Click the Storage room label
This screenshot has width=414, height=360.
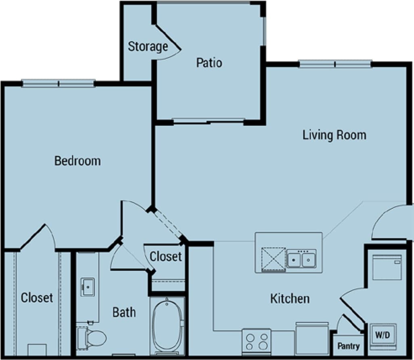pos(148,47)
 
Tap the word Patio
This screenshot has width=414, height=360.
pos(209,63)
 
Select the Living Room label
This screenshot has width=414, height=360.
pos(334,135)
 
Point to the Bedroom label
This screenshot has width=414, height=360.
pos(77,161)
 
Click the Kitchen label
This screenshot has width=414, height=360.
pos(290,299)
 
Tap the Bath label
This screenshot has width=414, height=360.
pos(124,312)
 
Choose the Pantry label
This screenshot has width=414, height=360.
pos(348,346)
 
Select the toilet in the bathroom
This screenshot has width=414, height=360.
pos(92,337)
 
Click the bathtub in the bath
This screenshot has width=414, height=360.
pos(167,325)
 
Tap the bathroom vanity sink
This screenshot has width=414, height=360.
pos(87,287)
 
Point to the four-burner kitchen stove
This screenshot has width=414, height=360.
pos(257,341)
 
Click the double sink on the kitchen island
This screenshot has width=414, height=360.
pos(301,259)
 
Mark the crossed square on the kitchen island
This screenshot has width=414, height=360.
pos(273,259)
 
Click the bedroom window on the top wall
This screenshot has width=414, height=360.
pos(59,84)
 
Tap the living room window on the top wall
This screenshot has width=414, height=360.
pos(335,64)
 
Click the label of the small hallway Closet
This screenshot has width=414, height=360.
pos(165,256)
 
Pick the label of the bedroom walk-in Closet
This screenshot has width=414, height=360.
pos(37,298)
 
